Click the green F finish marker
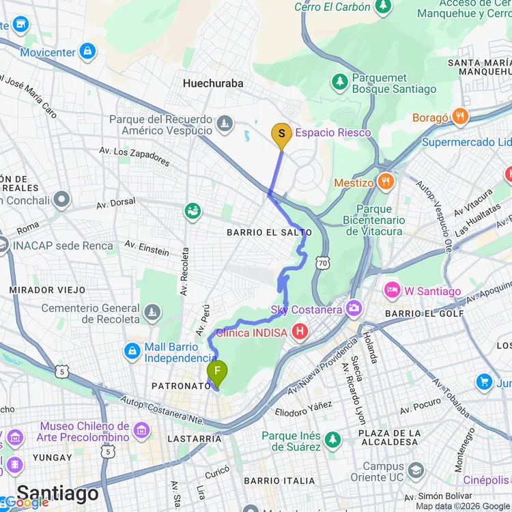(217, 372)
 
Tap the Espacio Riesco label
(332, 132)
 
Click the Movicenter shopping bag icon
(87, 51)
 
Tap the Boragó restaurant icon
(461, 117)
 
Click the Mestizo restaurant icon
(387, 182)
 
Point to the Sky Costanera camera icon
(354, 309)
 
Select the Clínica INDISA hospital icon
(298, 332)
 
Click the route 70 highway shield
(321, 261)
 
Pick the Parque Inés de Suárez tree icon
(332, 440)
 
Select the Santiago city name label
(57, 493)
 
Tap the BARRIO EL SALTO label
(269, 233)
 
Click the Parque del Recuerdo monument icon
(224, 124)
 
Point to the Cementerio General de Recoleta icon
(152, 313)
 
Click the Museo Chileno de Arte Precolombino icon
(141, 431)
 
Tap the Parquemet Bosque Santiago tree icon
(339, 83)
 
